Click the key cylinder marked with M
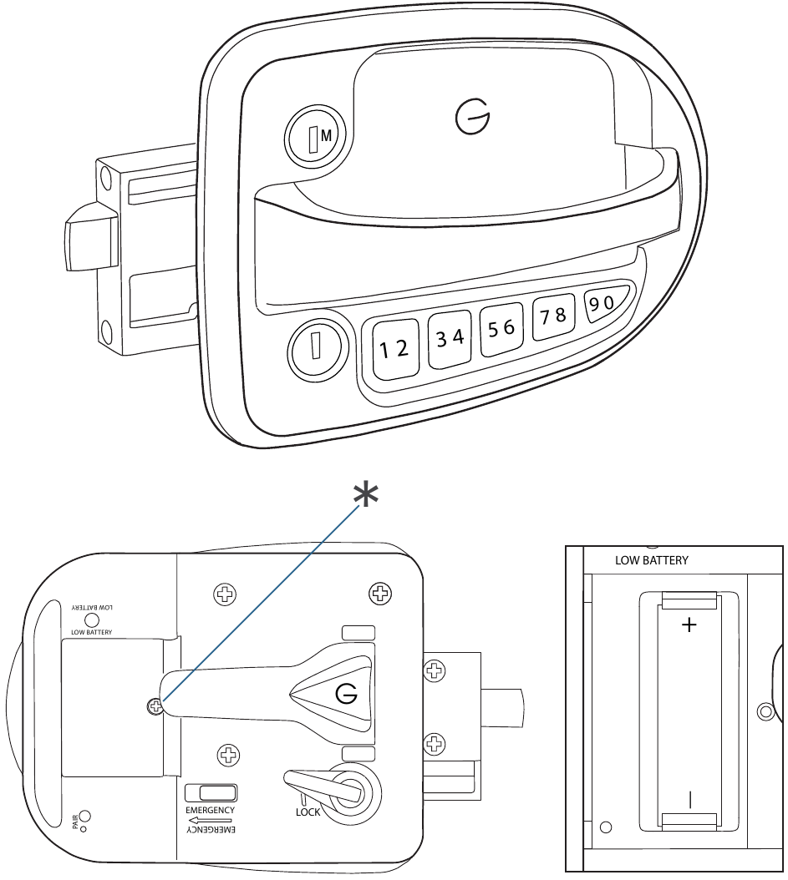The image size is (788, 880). tap(313, 137)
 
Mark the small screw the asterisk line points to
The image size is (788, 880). tap(154, 706)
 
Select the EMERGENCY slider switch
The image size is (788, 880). tap(211, 793)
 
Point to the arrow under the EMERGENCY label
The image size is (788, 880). tap(211, 821)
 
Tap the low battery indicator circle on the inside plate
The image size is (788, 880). tap(92, 620)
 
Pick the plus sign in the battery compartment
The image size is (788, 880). tap(689, 625)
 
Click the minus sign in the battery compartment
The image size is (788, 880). tap(690, 800)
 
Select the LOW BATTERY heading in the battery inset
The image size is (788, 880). tap(652, 561)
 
